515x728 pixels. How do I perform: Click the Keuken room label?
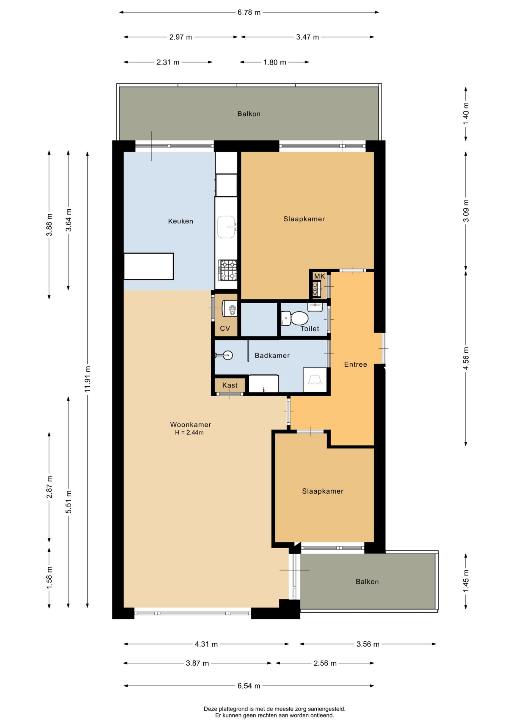(181, 221)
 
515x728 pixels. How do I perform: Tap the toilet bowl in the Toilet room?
(295, 318)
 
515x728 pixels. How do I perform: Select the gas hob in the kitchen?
(228, 270)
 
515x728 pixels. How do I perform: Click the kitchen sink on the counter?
(226, 227)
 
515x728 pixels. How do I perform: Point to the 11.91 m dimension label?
(88, 379)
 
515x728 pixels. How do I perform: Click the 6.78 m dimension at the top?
(249, 12)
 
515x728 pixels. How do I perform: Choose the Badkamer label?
(272, 355)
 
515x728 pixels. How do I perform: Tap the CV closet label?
(225, 328)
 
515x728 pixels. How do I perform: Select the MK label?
(320, 276)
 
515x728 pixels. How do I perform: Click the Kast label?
(230, 385)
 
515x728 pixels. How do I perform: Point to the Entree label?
(355, 364)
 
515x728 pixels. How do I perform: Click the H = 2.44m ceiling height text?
(189, 433)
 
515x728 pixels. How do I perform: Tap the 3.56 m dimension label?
(368, 644)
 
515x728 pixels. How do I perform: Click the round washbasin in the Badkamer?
(227, 355)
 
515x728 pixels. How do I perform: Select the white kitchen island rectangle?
(149, 266)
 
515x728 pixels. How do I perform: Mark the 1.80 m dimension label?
(275, 62)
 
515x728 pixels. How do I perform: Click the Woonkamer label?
(190, 425)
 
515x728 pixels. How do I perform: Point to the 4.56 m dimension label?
(466, 358)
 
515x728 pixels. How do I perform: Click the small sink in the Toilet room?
(315, 307)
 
